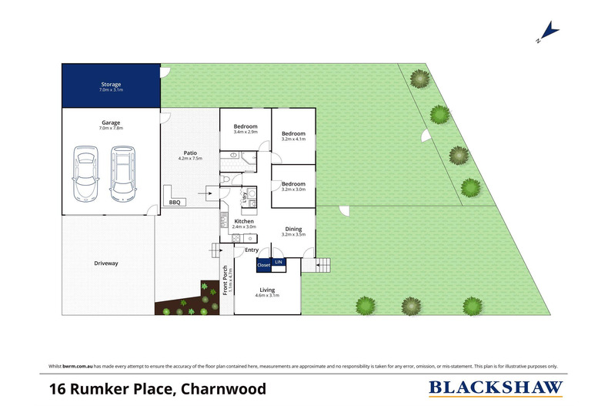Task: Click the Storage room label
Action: [x=111, y=84]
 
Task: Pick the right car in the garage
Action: [x=122, y=173]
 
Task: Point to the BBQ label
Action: [x=175, y=203]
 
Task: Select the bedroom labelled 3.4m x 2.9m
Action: [x=246, y=126]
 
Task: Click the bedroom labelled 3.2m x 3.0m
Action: [x=293, y=184]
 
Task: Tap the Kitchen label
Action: [x=244, y=222]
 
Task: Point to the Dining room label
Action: [x=293, y=228]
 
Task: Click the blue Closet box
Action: [x=264, y=265]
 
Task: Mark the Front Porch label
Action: [x=225, y=280]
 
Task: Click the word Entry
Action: [x=252, y=250]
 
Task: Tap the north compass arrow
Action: [x=548, y=32]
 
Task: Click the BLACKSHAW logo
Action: [x=495, y=388]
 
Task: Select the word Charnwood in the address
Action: [x=224, y=388]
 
